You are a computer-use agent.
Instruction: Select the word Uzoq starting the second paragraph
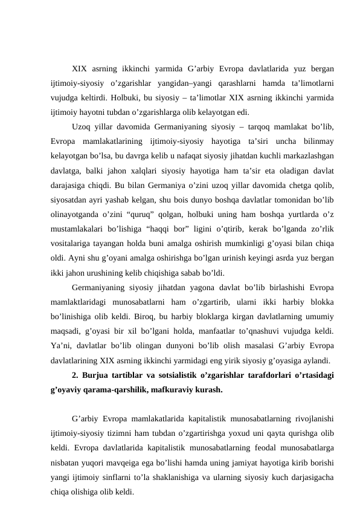(x=82, y=127)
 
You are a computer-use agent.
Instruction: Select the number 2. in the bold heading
(x=75, y=375)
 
